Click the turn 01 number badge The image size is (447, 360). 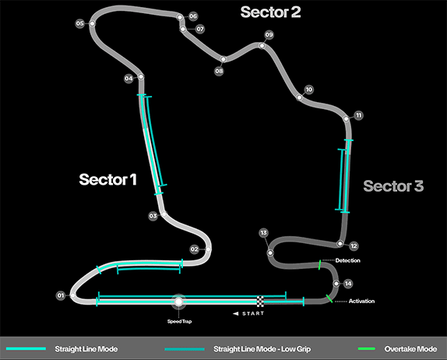61,295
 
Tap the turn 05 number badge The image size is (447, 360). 79,23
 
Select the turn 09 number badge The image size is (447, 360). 269,35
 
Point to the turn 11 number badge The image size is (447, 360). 358,115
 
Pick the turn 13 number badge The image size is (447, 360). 264,233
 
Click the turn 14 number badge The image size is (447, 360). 348,284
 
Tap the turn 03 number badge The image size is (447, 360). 153,216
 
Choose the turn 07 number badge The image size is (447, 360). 200,29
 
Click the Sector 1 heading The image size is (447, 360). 107,179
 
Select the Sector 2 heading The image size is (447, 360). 270,12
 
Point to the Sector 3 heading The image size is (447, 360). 393,185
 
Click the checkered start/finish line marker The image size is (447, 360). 260,302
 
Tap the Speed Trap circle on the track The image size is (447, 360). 179,302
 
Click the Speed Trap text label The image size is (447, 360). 179,322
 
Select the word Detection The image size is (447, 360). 347,260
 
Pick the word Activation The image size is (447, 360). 361,302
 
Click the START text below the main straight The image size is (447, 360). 253,313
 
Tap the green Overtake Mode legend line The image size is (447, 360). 366,348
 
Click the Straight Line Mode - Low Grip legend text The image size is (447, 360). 262,349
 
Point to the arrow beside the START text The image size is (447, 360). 235,313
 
